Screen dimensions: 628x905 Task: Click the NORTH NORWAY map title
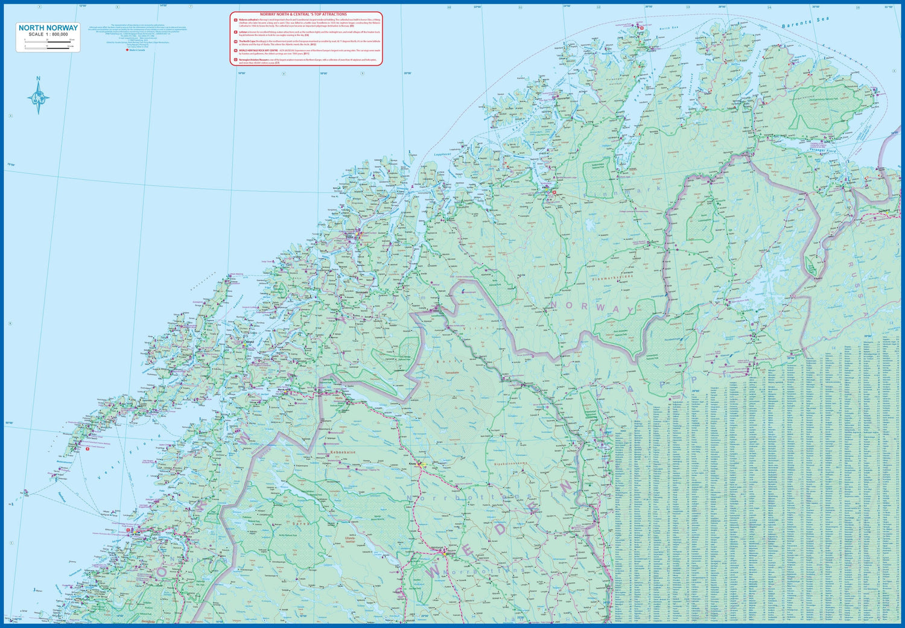click(48, 28)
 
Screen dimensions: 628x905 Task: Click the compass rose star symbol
click(39, 98)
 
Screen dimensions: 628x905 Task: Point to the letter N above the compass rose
click(39, 78)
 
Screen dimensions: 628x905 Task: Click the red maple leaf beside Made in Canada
click(127, 50)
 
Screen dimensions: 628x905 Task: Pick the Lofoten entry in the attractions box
click(243, 31)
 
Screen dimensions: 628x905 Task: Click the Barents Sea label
click(805, 23)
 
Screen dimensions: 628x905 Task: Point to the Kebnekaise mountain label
click(343, 452)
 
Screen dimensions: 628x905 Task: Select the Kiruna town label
click(413, 463)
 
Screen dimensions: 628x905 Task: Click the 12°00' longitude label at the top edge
click(82, 6)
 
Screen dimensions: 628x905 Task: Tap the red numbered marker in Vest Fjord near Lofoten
click(87, 448)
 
